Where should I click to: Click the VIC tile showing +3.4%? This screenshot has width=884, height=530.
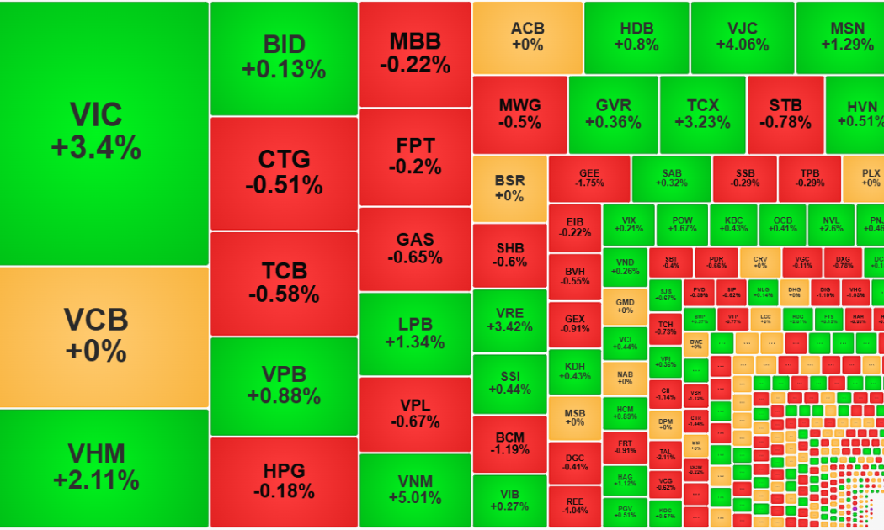point(104,133)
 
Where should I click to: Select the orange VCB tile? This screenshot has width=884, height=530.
point(104,337)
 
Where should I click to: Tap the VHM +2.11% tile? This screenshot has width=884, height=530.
point(104,468)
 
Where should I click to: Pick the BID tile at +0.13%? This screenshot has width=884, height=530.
point(284,57)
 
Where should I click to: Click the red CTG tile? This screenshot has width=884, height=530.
point(284,172)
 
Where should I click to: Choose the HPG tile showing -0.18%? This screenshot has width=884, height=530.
point(284,482)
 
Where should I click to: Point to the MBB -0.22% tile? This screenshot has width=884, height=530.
point(414,52)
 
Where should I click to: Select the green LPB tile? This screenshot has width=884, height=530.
point(414,332)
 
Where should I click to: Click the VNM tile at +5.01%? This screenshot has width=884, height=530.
point(414,490)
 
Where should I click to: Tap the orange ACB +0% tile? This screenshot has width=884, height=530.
point(527,37)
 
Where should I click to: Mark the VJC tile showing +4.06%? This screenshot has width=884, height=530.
point(742,37)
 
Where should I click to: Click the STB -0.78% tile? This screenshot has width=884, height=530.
point(785,114)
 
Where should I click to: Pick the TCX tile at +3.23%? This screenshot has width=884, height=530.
point(702,114)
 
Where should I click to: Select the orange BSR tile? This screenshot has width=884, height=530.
point(509,188)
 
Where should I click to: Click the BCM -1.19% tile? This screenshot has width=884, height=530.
point(509,443)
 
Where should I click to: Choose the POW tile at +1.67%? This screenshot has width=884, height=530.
point(682,224)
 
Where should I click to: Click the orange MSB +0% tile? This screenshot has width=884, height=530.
point(574,417)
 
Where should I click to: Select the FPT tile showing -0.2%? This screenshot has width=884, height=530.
point(414,156)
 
